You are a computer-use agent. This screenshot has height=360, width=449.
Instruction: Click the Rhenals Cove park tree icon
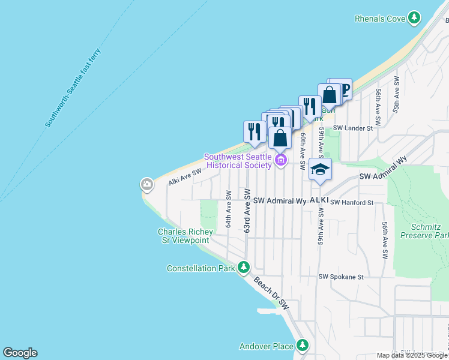pyautogui.click(x=414, y=19)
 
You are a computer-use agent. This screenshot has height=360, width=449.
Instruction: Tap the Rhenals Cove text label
pyautogui.click(x=380, y=19)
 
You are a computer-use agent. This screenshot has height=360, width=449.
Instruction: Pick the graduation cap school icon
pyautogui.click(x=320, y=169)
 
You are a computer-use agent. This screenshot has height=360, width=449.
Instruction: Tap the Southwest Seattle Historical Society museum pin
pyautogui.click(x=280, y=160)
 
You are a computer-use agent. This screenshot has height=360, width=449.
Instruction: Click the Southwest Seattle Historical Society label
pyautogui.click(x=238, y=161)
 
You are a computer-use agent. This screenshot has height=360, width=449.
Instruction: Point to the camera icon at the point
pyautogui.click(x=147, y=184)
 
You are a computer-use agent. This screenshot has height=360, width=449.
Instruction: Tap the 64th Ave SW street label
pyautogui.click(x=229, y=209)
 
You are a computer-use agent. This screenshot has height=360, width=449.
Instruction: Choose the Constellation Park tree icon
pyautogui.click(x=243, y=268)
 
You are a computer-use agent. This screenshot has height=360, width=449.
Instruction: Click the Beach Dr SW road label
pyautogui.click(x=271, y=293)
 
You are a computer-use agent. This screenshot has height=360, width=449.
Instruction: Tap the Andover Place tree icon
pyautogui.click(x=303, y=346)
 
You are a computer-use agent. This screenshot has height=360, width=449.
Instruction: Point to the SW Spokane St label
pyautogui.click(x=342, y=277)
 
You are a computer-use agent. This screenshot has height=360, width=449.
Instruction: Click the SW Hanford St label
pyautogui.click(x=352, y=203)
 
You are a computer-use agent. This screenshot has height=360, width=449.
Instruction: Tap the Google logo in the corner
pyautogui.click(x=20, y=353)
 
